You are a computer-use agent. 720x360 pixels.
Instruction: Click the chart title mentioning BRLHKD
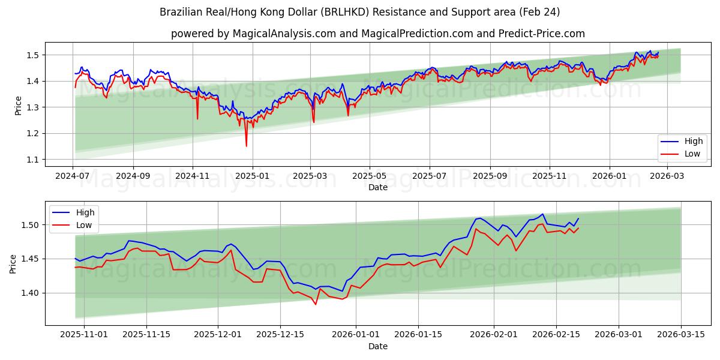click(x=359, y=12)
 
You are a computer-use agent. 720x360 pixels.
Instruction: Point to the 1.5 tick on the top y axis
click(x=33, y=55)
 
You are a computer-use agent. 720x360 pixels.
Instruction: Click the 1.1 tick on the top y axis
click(x=33, y=160)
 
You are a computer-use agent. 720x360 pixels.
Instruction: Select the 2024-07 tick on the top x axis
click(x=73, y=176)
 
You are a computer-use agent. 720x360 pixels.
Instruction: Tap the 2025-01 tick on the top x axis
click(x=252, y=176)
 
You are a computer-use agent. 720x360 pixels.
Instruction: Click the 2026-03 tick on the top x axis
click(x=667, y=176)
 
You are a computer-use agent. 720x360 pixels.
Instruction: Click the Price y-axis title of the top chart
click(x=18, y=105)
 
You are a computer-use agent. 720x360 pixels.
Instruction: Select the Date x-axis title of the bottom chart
click(x=377, y=346)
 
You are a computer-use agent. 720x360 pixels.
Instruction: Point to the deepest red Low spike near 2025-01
click(x=246, y=146)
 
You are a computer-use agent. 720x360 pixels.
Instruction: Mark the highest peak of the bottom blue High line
click(x=542, y=214)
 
